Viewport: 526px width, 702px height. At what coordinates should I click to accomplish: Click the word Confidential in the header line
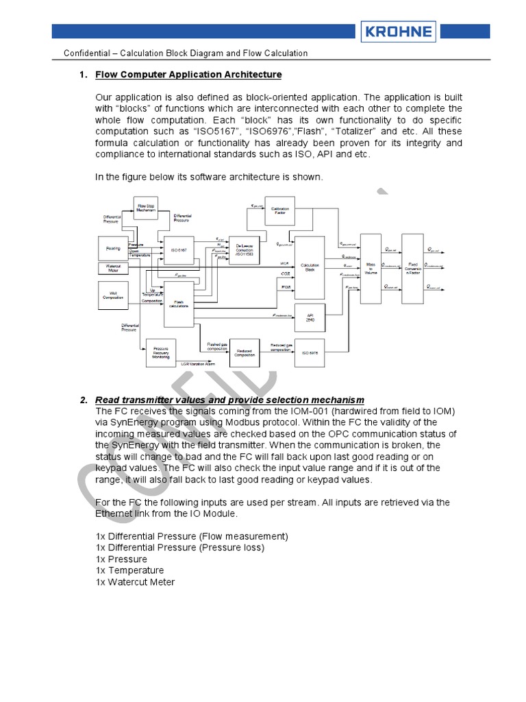tap(86, 53)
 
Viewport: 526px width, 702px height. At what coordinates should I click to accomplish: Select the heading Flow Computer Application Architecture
tap(188, 74)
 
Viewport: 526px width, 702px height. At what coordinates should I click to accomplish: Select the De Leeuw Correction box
tap(245, 250)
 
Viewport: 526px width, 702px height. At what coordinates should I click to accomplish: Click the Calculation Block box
tap(310, 267)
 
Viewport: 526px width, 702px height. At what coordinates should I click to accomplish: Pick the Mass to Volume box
tap(370, 268)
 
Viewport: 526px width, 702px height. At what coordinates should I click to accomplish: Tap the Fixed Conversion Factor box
tap(412, 268)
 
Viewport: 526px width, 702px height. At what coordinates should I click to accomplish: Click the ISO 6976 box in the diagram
tap(310, 352)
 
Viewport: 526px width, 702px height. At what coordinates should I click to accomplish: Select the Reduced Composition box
tap(245, 352)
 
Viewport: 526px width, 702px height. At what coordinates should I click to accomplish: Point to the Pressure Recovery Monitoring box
tap(162, 353)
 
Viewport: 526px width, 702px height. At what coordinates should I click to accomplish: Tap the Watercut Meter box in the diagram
tap(113, 267)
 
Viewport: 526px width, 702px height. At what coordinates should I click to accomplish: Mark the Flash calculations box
tap(179, 304)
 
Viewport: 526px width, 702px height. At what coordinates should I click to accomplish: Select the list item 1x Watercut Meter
tap(136, 582)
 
